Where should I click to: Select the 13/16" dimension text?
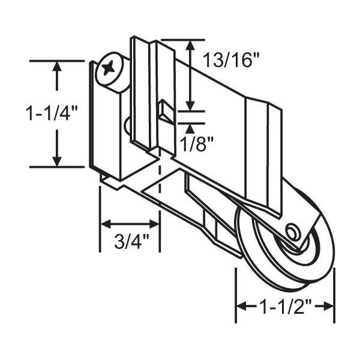232,59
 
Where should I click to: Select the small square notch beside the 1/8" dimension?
164,111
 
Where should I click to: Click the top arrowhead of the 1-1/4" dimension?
57,67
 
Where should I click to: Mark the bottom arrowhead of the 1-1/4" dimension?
57,160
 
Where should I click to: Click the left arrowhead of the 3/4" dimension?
104,224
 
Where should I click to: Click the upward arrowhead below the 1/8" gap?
190,127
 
